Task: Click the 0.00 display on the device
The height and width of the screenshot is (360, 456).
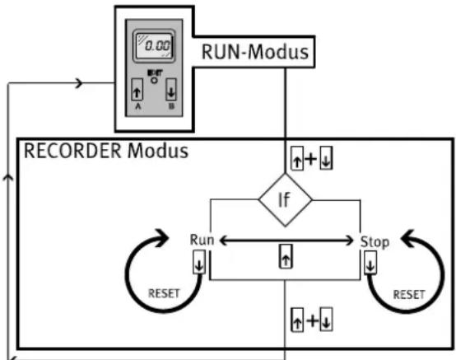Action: tap(154, 45)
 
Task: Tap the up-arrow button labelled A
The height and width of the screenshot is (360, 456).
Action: tap(137, 90)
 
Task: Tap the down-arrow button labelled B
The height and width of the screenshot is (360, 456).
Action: tap(171, 90)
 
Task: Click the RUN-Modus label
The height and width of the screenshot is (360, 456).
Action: tap(255, 52)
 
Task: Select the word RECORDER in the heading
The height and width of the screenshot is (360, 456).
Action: tap(72, 151)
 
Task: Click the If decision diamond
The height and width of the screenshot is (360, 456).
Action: tap(285, 200)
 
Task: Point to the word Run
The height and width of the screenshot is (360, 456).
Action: tap(202, 240)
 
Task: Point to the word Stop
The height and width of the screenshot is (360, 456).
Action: tap(375, 242)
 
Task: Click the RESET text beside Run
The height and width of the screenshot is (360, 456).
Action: tap(164, 293)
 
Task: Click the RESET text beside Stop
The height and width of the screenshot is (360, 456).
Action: tap(409, 295)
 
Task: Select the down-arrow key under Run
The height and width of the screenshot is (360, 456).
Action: tap(199, 262)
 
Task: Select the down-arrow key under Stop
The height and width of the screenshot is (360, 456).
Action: tap(370, 263)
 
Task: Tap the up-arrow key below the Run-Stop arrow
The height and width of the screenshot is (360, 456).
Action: tap(286, 256)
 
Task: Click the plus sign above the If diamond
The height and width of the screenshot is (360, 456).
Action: tap(311, 159)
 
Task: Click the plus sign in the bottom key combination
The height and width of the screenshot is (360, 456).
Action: tap(312, 320)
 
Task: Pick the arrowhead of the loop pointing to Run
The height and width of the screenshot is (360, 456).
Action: tap(161, 238)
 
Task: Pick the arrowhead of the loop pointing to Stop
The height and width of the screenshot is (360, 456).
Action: tap(408, 239)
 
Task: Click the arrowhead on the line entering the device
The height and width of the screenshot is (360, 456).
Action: tap(78, 83)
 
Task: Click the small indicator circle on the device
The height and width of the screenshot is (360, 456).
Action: tap(154, 81)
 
